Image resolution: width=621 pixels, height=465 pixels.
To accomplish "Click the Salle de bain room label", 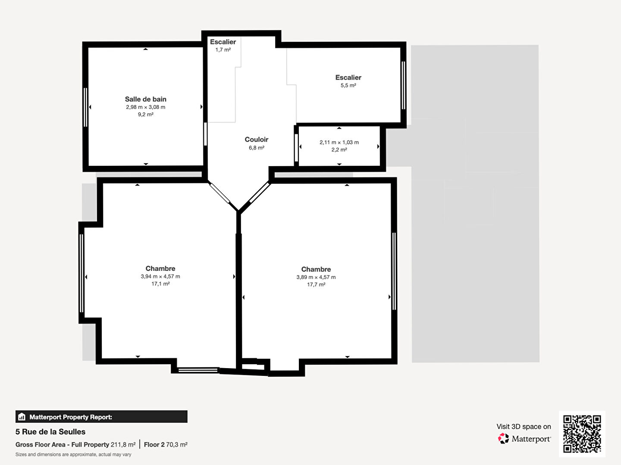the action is pos(146,99).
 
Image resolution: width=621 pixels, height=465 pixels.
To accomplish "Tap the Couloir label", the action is pos(256,139).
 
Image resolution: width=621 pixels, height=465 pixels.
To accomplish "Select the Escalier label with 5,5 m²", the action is pos(348,77).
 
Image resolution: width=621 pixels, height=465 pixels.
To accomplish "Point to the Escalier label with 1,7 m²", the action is pos(223,42).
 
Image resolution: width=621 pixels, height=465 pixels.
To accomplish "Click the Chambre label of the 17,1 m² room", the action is pos(160,269).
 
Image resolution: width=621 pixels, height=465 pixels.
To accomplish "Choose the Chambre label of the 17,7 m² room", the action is pos(316,270).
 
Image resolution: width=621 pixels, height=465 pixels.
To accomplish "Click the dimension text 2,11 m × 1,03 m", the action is pos(339,143).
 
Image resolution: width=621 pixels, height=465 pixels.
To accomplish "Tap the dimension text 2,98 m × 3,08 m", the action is pos(146,107).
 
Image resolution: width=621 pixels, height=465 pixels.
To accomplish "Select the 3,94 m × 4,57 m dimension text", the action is pos(160,277).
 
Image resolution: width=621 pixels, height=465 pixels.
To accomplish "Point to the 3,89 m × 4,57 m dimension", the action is pos(316,278).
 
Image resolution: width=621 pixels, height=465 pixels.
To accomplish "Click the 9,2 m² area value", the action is pos(146,115).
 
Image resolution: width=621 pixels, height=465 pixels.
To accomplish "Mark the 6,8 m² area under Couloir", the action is pos(257,148).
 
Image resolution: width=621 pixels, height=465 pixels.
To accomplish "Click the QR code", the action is pos(582,434).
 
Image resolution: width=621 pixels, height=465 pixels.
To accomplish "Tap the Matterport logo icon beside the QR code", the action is pos(503,438).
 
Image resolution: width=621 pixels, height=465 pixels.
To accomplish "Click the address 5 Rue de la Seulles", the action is pos(50,432).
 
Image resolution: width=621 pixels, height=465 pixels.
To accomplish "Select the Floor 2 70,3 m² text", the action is pos(166,445).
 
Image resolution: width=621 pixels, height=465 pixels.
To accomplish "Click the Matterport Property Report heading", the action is pos(71,417).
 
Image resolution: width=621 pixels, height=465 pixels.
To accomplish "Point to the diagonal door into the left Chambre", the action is pos(219,193).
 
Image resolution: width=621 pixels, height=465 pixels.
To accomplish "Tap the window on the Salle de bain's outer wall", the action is pos(85,107).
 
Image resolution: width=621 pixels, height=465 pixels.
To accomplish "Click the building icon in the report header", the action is pos(22,417).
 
